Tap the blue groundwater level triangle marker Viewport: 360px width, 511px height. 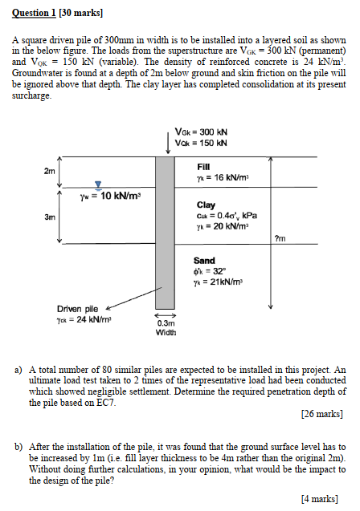(x=99, y=184)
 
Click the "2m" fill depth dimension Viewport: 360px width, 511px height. (x=50, y=171)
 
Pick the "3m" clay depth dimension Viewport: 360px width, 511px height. (x=50, y=217)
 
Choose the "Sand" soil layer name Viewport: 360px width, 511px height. (x=204, y=261)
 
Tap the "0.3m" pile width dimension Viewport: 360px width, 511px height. (x=165, y=323)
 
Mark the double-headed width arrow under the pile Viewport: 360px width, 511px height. (x=165, y=314)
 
